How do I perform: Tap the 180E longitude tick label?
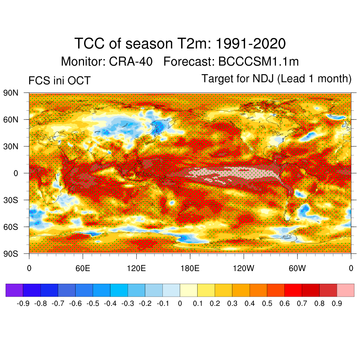(190, 269)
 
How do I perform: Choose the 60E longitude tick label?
(83, 269)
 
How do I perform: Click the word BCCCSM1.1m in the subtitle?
(258, 62)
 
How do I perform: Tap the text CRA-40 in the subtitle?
(131, 62)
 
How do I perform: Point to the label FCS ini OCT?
(59, 81)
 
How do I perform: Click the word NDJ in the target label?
(264, 79)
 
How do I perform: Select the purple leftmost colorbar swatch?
(14, 290)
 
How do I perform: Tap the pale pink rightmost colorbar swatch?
(345, 290)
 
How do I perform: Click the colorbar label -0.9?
(23, 303)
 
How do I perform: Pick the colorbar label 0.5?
(267, 303)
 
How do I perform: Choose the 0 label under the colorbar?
(180, 303)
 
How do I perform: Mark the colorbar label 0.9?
(337, 303)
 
